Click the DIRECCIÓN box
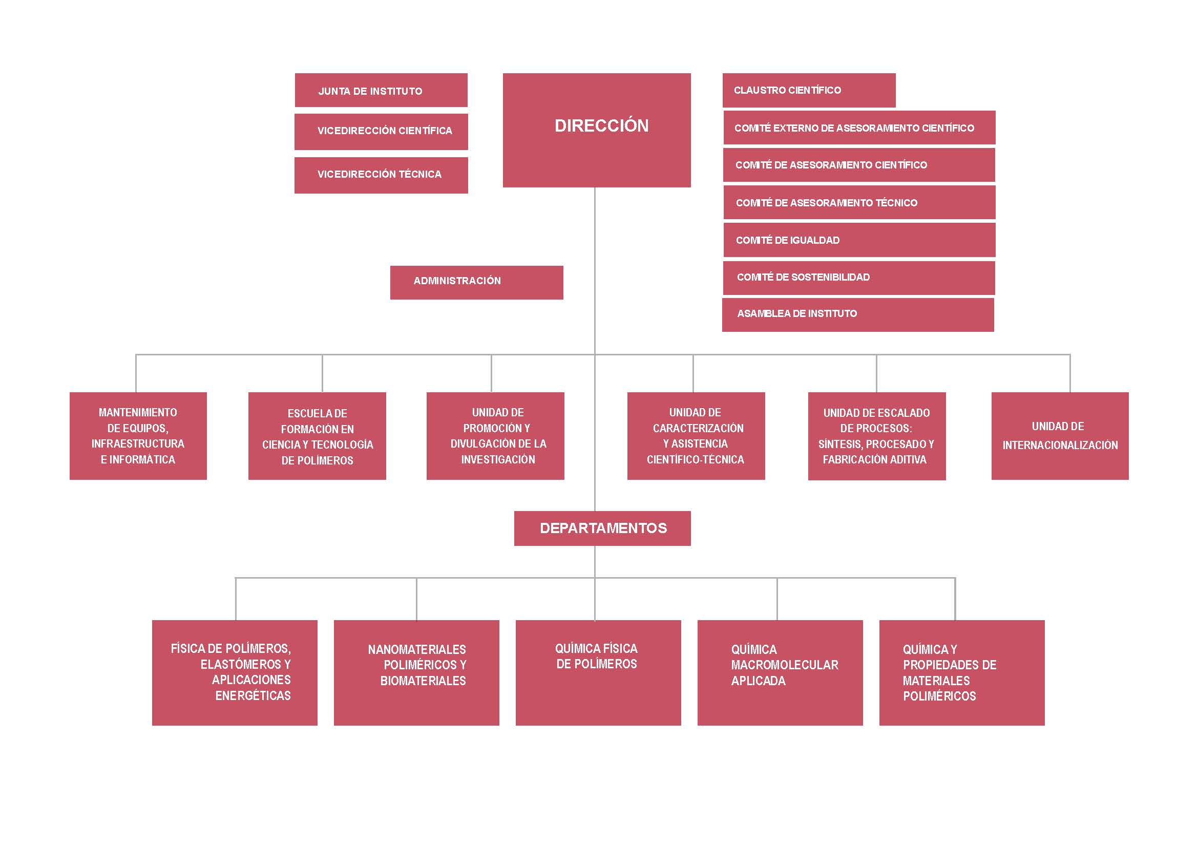[x=596, y=130]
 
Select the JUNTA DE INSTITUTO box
[x=381, y=90]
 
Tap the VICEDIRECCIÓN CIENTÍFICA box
[x=381, y=132]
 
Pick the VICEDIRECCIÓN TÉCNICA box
[x=381, y=175]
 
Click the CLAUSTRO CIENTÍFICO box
[x=809, y=90]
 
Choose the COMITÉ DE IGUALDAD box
[x=859, y=240]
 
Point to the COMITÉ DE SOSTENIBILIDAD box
[x=859, y=278]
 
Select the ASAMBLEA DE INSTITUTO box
[x=858, y=314]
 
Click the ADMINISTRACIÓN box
[x=476, y=283]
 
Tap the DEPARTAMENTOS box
[x=602, y=528]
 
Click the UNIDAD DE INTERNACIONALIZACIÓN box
[x=1060, y=436]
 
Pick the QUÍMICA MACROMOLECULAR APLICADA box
[x=780, y=673]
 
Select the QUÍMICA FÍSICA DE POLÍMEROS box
[x=598, y=673]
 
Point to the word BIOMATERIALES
[x=423, y=681]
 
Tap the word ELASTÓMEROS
[x=241, y=664]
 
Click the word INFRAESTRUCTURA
[x=138, y=444]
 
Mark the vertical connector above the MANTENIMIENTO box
[x=136, y=373]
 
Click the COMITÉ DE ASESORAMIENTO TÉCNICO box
[x=859, y=202]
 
